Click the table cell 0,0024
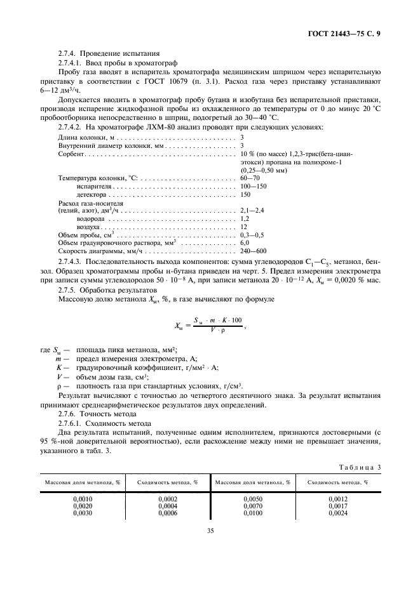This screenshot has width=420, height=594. [338, 513]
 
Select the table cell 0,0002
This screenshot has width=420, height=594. [168, 499]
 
